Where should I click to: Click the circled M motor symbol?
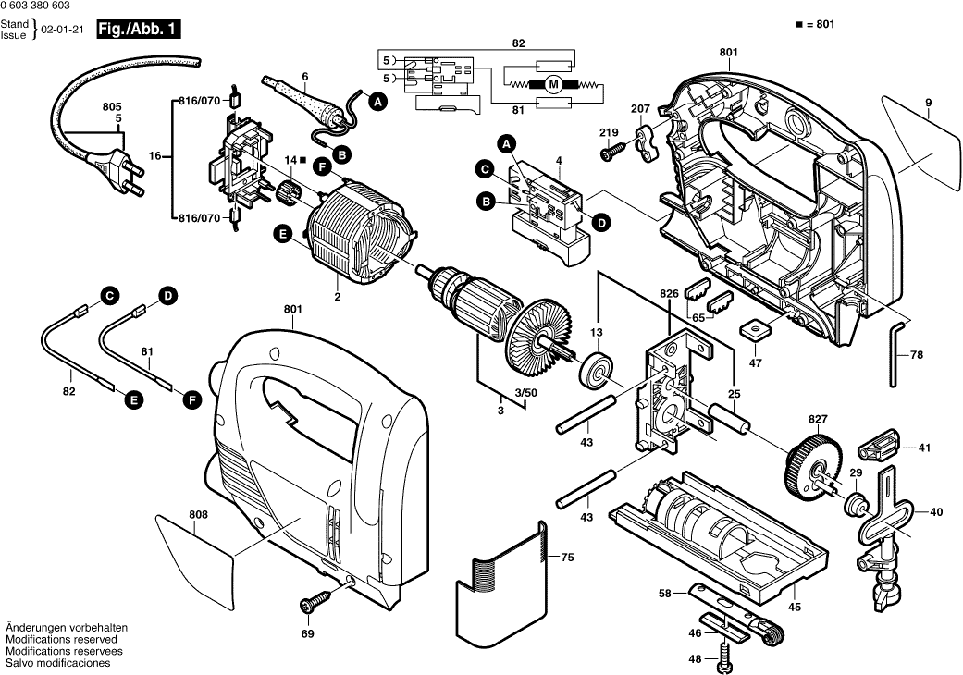[x=552, y=84]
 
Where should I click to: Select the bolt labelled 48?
[x=724, y=661]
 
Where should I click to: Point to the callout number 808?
[x=198, y=515]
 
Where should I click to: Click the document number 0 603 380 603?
[x=43, y=6]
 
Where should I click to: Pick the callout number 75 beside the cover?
[x=568, y=558]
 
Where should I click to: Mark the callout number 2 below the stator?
[x=337, y=297]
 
